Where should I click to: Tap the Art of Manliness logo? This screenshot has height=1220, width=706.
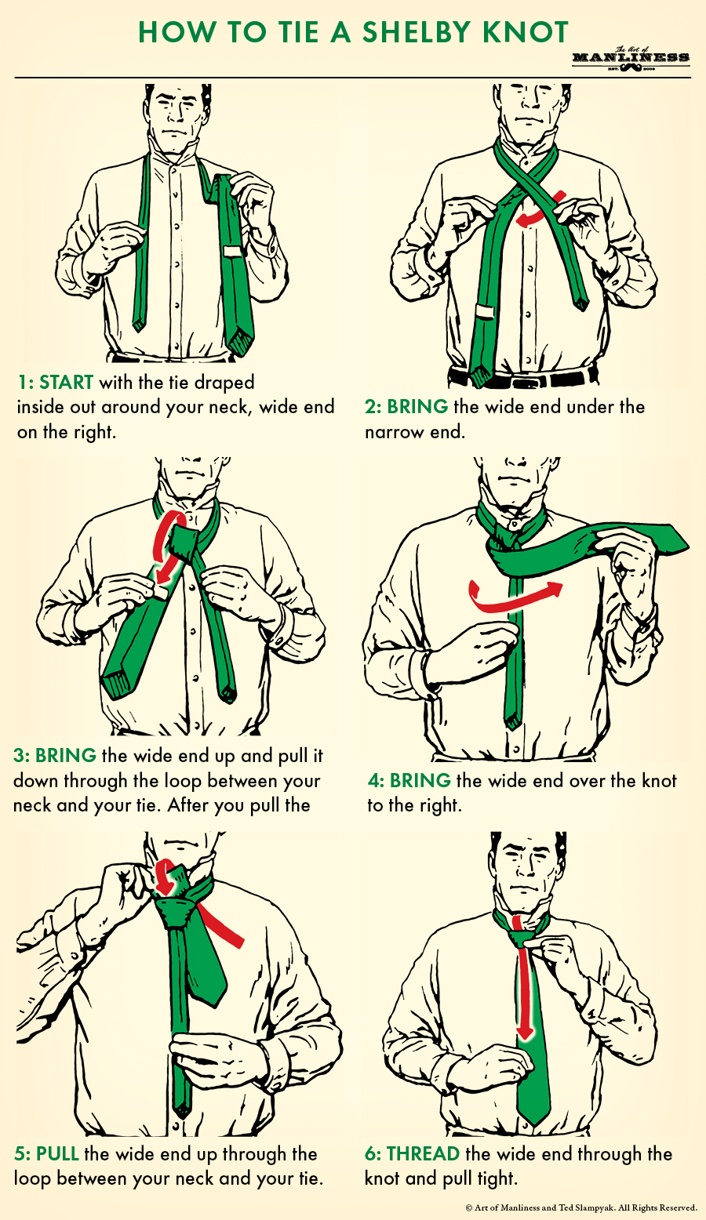click(631, 58)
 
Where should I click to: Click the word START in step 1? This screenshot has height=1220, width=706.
click(66, 383)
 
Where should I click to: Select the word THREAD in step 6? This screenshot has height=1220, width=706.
click(423, 1154)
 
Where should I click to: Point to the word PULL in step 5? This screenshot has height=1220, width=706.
click(57, 1154)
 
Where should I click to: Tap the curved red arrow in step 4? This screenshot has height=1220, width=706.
click(514, 598)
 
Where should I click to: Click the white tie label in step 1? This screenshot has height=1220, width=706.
click(233, 252)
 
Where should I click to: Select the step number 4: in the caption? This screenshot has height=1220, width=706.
click(377, 781)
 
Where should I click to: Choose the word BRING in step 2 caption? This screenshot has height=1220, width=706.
click(417, 407)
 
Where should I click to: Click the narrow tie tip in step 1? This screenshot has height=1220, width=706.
click(138, 323)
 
